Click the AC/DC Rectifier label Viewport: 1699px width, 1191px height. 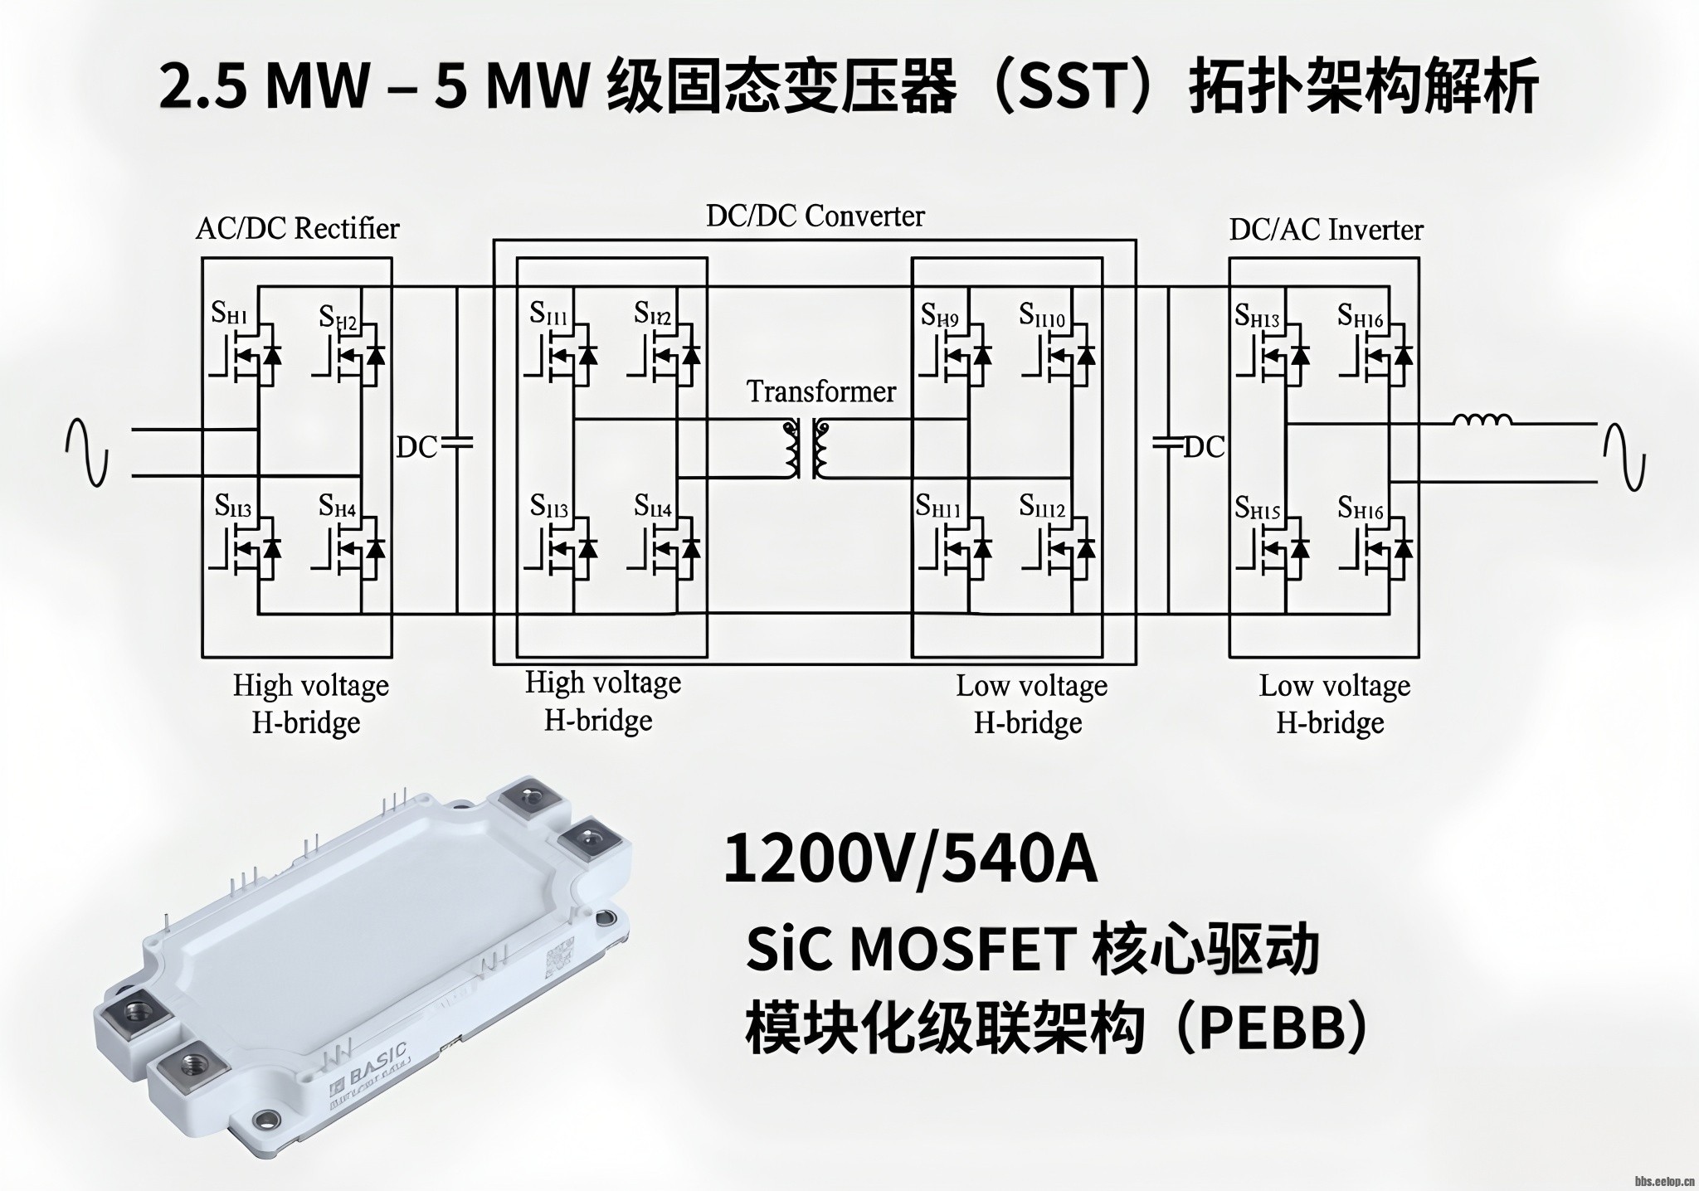point(297,228)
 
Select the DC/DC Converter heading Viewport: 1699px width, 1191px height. point(815,216)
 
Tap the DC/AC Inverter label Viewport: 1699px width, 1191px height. point(1326,230)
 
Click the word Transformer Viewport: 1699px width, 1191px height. point(820,391)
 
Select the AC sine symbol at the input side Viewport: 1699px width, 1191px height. point(87,453)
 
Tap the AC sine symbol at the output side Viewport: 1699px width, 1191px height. point(1624,456)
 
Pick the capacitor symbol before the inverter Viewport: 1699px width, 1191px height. point(1168,446)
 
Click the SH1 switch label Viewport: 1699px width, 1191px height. point(229,314)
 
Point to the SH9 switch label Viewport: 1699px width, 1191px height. point(939,316)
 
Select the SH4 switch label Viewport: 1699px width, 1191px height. point(337,505)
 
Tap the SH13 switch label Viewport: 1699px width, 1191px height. point(1257,316)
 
